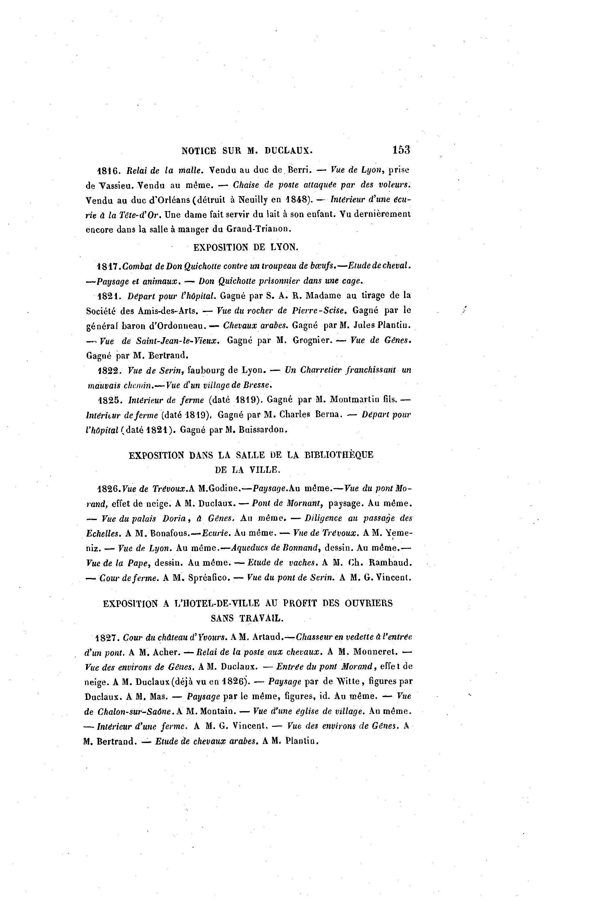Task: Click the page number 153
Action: pos(401,150)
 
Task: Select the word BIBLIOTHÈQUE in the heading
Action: pos(339,455)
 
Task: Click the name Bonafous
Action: pos(171,533)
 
